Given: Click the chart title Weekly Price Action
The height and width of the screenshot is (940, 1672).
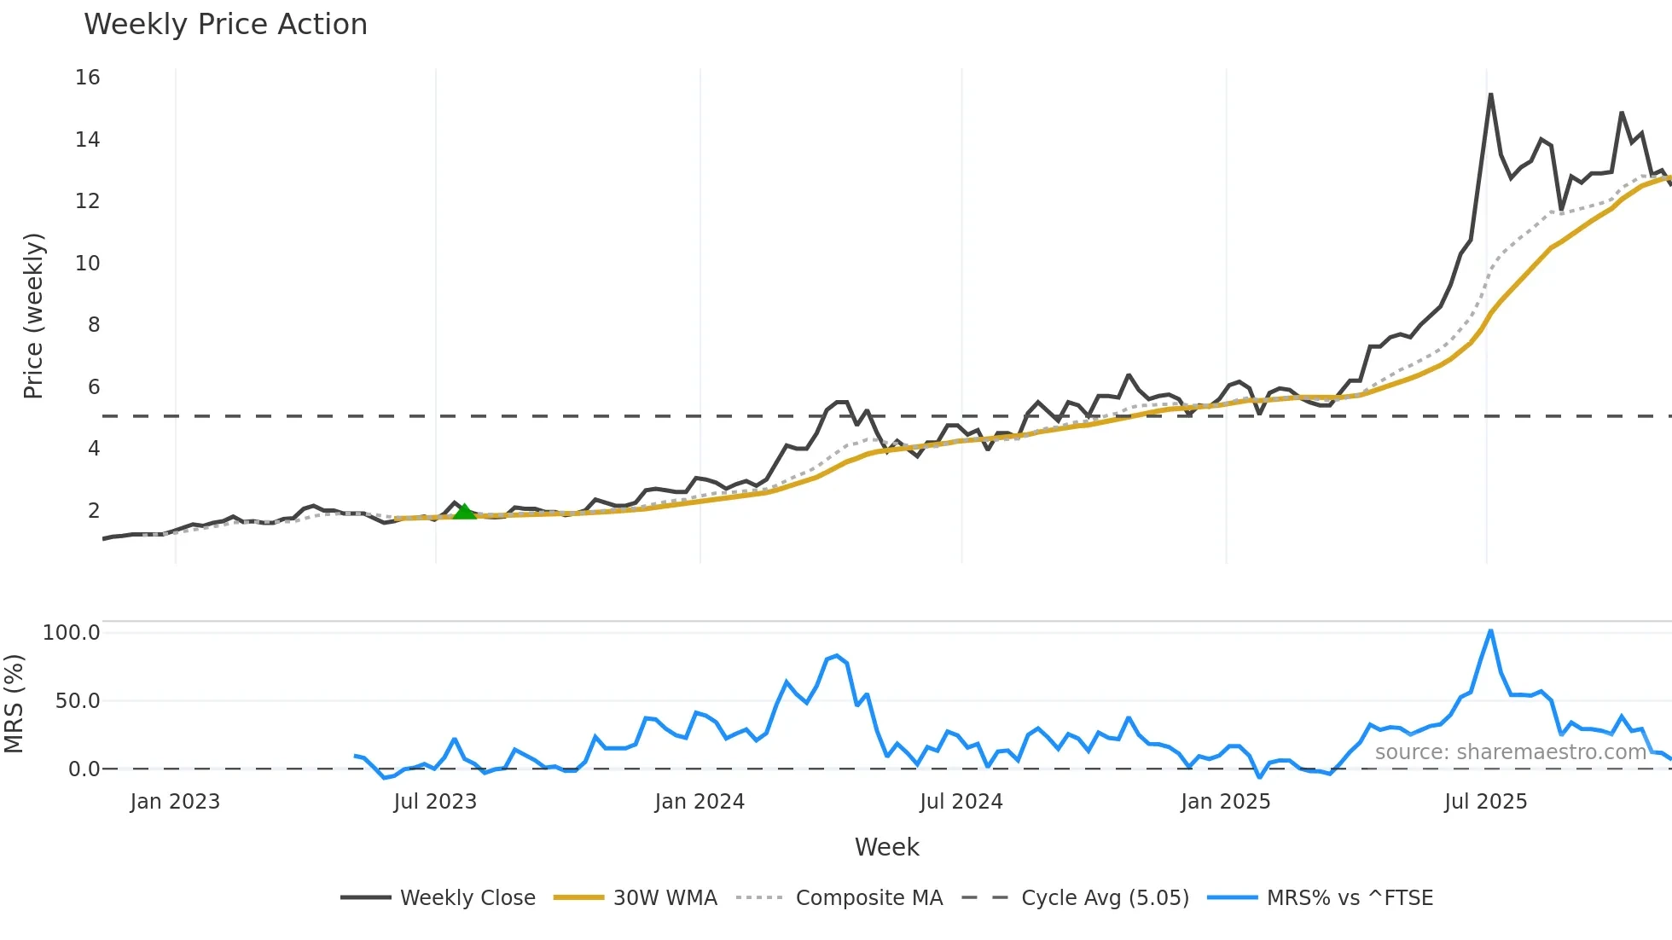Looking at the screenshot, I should coord(225,25).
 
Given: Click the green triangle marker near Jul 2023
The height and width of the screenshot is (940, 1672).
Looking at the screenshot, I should coord(464,512).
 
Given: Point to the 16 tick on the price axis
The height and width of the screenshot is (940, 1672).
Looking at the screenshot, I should coord(88,78).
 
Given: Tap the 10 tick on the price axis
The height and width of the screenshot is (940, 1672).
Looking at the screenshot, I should coord(88,263).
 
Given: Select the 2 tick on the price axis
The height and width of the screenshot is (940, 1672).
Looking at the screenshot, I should coord(94,510).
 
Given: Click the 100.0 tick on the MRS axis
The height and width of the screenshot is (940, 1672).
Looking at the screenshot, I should coord(72,633).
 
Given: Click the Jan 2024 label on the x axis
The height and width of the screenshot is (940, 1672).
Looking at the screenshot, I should coord(700,802).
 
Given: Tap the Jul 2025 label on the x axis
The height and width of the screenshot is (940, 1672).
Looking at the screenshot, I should coord(1485,802).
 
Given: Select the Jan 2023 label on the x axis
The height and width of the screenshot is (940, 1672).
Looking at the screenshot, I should coord(175,802).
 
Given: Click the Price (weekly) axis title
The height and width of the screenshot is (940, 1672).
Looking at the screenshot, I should coord(33,316).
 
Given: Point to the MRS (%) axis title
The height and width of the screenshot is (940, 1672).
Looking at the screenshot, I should coord(15,704).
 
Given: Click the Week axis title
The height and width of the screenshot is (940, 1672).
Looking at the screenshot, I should coord(886,847).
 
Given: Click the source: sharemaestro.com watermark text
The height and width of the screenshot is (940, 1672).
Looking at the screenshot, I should coord(1510,752).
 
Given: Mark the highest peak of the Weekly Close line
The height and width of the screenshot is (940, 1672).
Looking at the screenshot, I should coord(1490,95).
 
